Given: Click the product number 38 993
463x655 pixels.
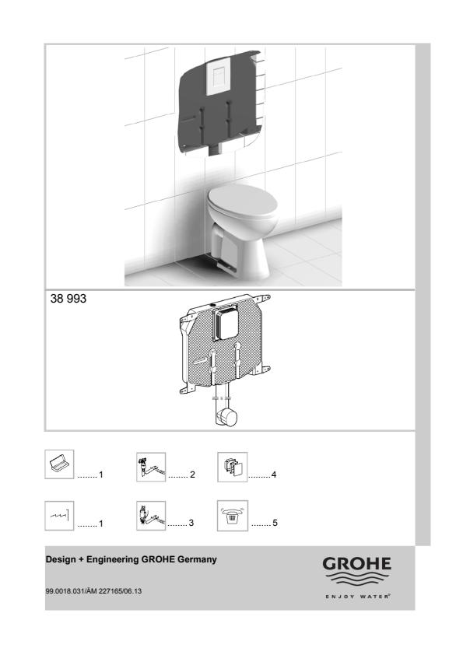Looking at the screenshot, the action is click(x=68, y=299).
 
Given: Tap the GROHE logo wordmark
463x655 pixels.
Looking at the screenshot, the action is click(x=356, y=564).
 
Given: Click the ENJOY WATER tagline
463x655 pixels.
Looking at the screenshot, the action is click(x=358, y=597).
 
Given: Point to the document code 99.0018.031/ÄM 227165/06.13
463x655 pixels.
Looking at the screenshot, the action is click(x=93, y=591).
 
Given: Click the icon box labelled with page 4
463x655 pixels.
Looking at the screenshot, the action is click(x=233, y=467).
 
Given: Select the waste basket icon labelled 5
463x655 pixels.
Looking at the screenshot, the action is click(x=233, y=516).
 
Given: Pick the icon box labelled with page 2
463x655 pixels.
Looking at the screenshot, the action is click(x=151, y=467).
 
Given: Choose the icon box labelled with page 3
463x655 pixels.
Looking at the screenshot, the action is click(x=151, y=516).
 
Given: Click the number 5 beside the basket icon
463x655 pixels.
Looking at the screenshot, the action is click(x=275, y=523).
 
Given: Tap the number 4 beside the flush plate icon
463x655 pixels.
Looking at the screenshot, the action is click(x=274, y=475).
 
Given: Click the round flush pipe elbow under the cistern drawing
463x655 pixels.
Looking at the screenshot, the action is click(x=227, y=417).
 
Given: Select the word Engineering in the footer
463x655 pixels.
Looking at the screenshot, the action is click(x=113, y=560).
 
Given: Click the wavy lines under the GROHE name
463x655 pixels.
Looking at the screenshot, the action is click(x=356, y=580).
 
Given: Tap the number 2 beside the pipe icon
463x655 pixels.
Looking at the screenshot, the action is click(x=192, y=475).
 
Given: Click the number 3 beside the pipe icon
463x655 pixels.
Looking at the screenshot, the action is click(x=191, y=523).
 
